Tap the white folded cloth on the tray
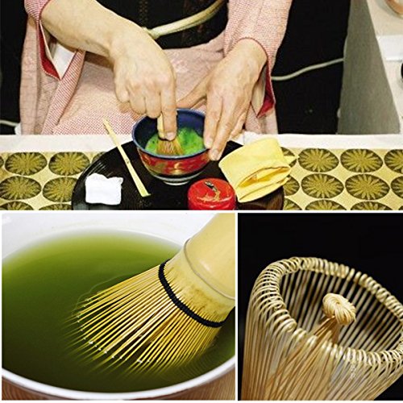pos(103,189)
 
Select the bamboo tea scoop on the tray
pos(125,158)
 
